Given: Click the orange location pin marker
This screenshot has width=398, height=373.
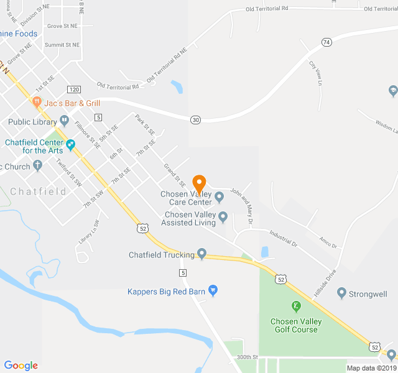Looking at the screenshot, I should (x=199, y=184).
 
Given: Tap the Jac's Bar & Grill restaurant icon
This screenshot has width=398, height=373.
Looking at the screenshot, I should (x=37, y=101).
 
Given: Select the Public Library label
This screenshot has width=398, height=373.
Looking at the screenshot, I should (x=33, y=122).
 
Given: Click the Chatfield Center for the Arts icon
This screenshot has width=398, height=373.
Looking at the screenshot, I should (x=71, y=145).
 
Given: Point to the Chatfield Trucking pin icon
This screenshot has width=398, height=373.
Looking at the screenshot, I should (x=201, y=254).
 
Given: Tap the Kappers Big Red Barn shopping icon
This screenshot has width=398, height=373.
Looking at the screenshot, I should (x=213, y=290).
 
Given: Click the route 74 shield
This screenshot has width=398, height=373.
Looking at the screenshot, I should (x=326, y=42).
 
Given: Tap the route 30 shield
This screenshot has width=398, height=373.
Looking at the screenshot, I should (x=196, y=119).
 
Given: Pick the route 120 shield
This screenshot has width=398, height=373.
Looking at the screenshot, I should (x=75, y=90).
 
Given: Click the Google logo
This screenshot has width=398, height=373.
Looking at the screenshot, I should (x=21, y=366).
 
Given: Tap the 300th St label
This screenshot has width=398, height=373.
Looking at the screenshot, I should (x=247, y=357).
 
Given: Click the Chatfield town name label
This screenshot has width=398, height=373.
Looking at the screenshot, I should (x=39, y=191).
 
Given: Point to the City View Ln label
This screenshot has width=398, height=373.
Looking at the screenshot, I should (x=317, y=73).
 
